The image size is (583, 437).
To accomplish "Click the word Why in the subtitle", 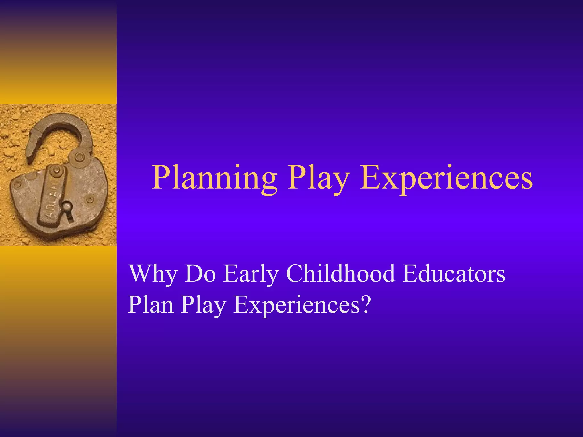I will tap(153, 274).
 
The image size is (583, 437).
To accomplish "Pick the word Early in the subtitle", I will tap(251, 274).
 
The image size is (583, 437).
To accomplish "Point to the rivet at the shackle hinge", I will tap(79, 157).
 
